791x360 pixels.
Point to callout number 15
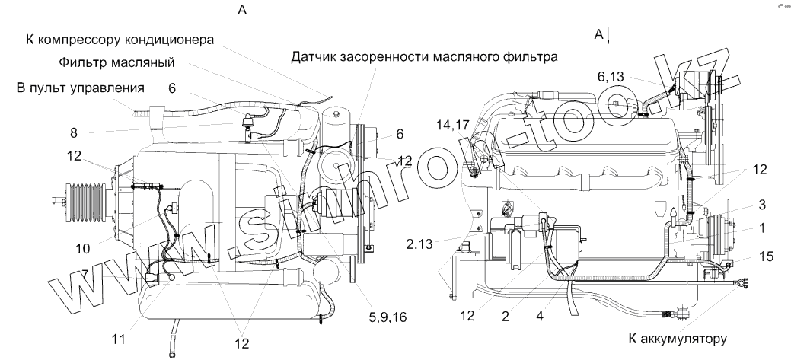[767, 256]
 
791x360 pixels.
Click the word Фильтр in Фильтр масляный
[85, 62]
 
